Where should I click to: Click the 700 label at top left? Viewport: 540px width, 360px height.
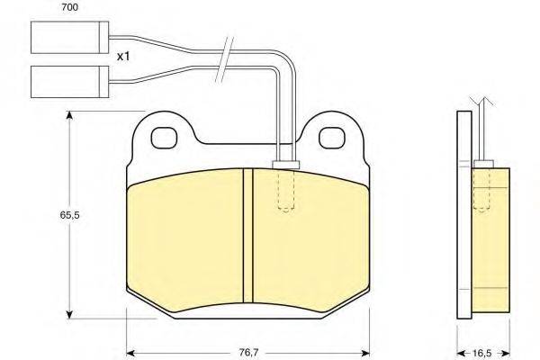pyautogui.click(x=69, y=7)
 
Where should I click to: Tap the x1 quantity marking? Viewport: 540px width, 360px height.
pyautogui.click(x=123, y=56)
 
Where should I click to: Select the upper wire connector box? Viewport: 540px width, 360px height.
pyautogui.click(x=70, y=38)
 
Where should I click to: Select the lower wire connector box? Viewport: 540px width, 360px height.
pyautogui.click(x=70, y=82)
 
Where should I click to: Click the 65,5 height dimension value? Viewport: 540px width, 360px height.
pyautogui.click(x=70, y=215)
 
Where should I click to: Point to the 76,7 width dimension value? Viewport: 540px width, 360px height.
pyautogui.click(x=248, y=353)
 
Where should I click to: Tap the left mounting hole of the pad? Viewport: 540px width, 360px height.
pyautogui.click(x=165, y=138)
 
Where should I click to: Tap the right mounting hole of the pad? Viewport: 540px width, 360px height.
pyautogui.click(x=332, y=138)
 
